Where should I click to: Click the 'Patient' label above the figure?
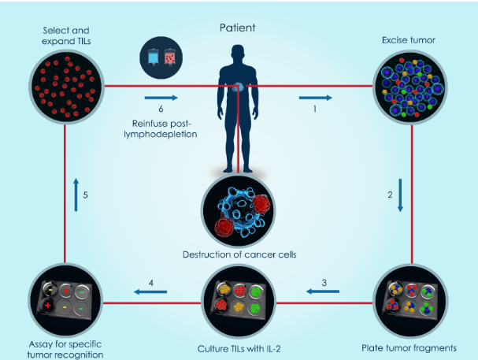point(238,28)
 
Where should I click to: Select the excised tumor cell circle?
point(409,87)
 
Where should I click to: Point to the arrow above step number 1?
point(315,98)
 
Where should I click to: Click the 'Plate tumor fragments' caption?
point(409,347)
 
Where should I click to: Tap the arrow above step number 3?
point(317,291)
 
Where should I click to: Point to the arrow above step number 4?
point(150,291)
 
